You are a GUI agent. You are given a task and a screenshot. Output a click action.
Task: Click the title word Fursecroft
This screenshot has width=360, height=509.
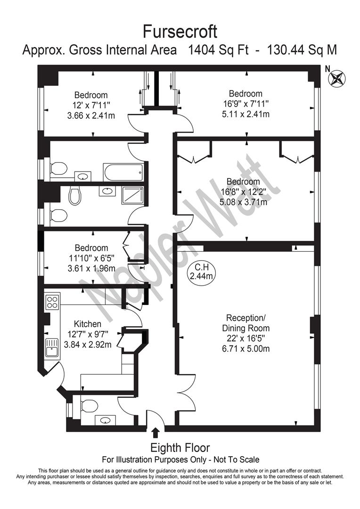180,32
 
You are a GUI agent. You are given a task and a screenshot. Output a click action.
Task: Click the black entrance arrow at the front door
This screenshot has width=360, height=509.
156,432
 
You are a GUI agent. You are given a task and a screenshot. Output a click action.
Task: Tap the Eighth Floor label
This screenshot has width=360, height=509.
180,448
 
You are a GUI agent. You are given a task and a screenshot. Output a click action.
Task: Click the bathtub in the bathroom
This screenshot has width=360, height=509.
123,172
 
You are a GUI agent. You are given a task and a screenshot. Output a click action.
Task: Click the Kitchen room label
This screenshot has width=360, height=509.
88,324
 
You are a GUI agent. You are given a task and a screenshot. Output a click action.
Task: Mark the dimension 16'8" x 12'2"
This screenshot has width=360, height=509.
243,192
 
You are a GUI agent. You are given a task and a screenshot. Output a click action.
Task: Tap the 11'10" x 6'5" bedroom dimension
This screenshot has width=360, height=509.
91,258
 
